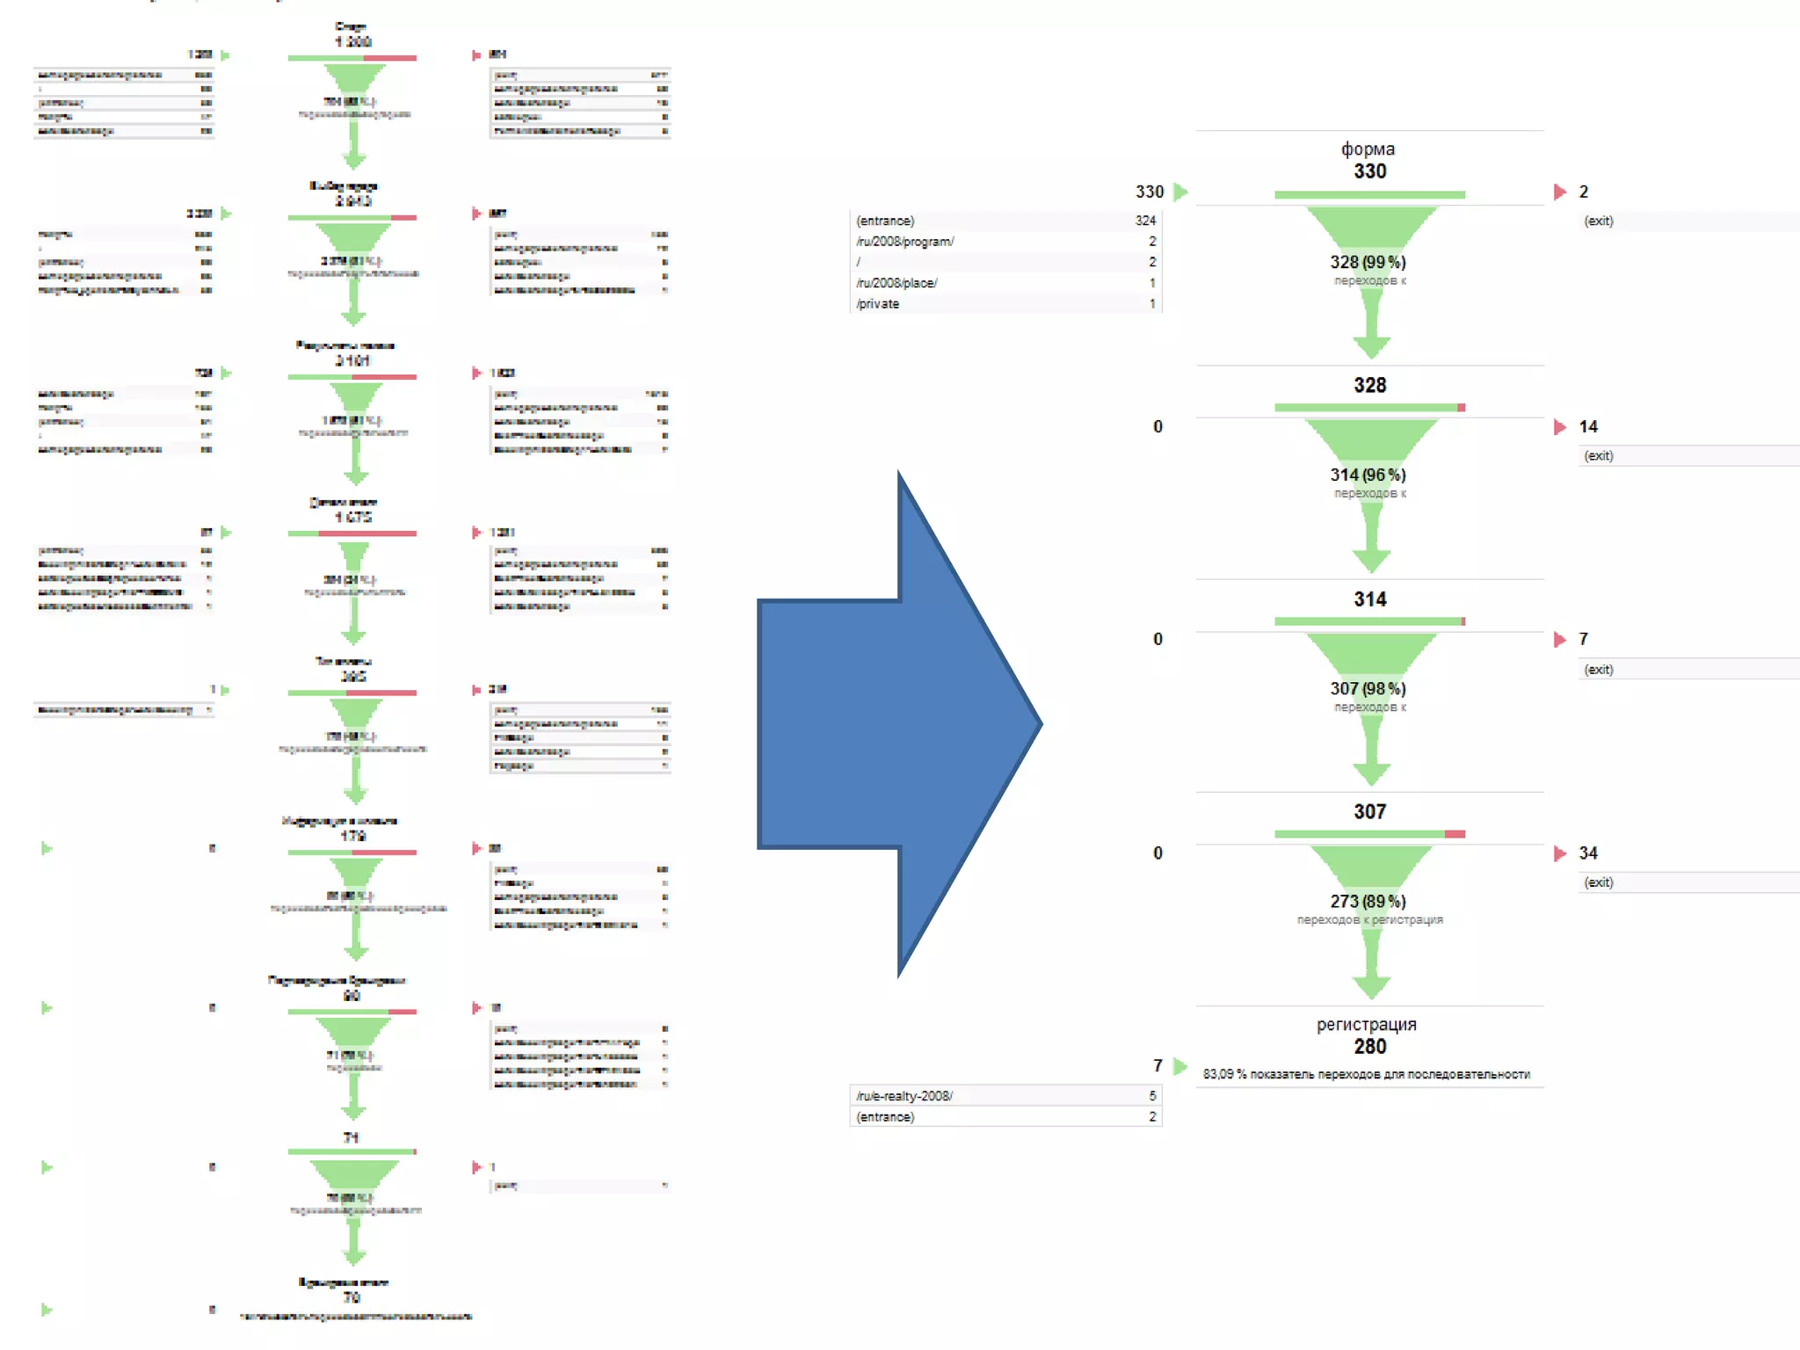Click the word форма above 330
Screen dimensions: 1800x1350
tap(1368, 149)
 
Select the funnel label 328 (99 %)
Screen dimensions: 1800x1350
tap(1368, 262)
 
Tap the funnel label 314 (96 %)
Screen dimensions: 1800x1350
tap(1368, 475)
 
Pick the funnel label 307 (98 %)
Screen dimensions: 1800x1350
tap(1368, 688)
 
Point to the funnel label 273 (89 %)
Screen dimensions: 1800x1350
tap(1368, 901)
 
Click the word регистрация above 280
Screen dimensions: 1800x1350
tap(1366, 1024)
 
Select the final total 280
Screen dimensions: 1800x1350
tap(1369, 1046)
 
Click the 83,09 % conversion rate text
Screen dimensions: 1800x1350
tap(1366, 1074)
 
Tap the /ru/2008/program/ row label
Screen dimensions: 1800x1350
tap(904, 241)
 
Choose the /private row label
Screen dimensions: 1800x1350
tap(877, 303)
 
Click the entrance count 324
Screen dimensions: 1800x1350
tap(1144, 221)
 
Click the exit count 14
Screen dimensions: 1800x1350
tap(1587, 426)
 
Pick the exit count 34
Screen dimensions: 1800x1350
tap(1587, 853)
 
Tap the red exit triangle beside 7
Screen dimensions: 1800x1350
tap(1559, 639)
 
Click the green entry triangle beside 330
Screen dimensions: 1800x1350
tap(1180, 192)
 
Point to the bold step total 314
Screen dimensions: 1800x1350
tap(1369, 599)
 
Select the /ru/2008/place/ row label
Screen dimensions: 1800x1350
tap(896, 283)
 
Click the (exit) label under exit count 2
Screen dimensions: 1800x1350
tap(1598, 221)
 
